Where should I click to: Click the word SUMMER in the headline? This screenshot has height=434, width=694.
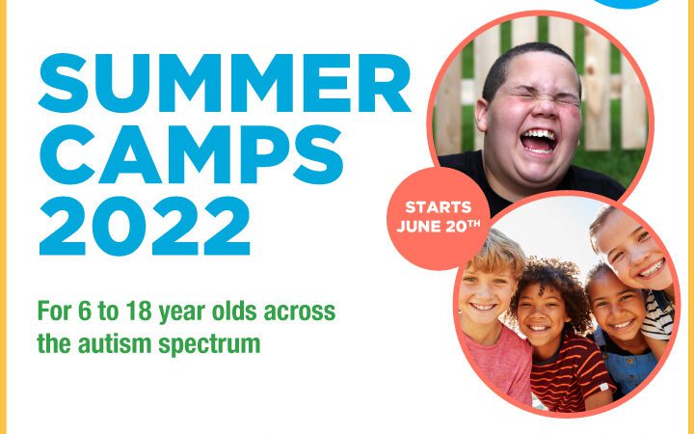pos(225,83)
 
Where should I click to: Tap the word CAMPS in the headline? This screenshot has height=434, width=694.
pos(191,154)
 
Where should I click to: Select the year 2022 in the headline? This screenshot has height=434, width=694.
pos(145,226)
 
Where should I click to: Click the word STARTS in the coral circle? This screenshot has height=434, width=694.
pos(439,207)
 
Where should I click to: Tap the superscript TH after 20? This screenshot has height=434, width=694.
pos(474,224)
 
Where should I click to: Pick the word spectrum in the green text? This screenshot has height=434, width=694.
pos(210,345)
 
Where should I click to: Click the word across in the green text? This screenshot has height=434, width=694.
pos(300,312)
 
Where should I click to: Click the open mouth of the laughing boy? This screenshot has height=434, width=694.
pos(538,141)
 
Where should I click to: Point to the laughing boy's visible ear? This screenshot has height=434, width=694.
pos(483,115)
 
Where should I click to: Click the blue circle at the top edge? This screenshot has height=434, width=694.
pos(628,3)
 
